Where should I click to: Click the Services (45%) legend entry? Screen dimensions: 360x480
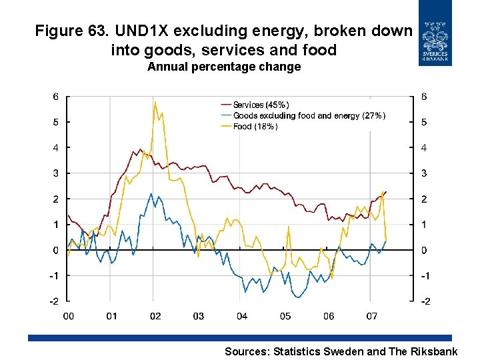(x=261, y=105)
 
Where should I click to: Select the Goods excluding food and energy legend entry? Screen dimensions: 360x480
(x=309, y=116)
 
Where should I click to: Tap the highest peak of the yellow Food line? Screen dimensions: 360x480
(x=155, y=102)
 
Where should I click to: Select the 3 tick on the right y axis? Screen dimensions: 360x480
(x=424, y=173)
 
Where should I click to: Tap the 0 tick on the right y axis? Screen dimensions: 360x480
(x=424, y=251)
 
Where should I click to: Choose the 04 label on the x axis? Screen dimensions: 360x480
(x=241, y=316)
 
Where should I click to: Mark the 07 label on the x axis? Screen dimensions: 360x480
(x=371, y=316)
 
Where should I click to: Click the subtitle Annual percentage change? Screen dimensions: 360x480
(x=224, y=67)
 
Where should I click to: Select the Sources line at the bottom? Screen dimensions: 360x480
(x=341, y=351)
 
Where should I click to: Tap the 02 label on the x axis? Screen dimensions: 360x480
(x=155, y=316)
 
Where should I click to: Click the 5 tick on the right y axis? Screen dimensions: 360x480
(x=424, y=122)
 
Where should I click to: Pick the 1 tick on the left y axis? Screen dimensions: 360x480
(x=56, y=225)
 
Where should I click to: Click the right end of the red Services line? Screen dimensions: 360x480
(x=386, y=192)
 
